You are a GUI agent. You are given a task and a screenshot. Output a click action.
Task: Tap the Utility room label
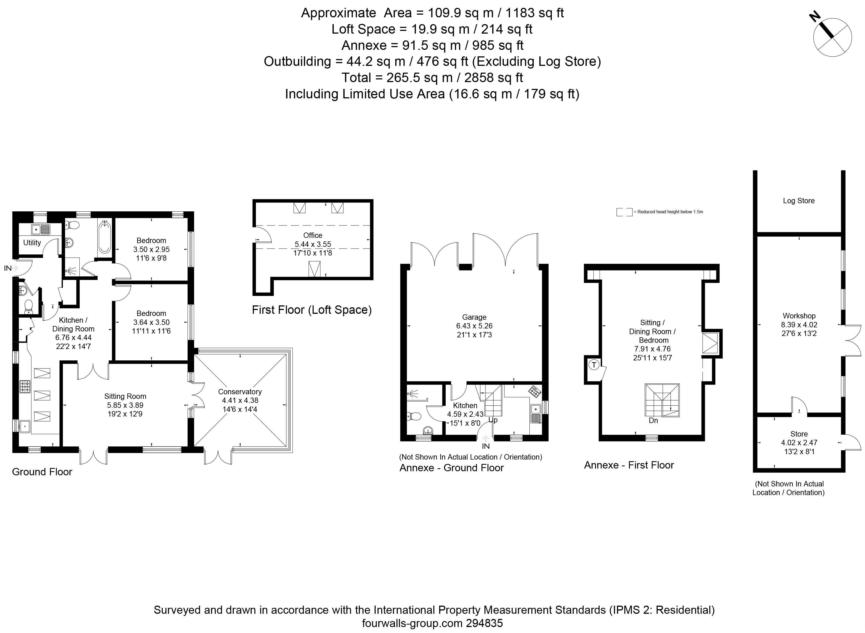point(32,243)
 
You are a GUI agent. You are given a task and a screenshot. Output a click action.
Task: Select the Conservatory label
point(240,392)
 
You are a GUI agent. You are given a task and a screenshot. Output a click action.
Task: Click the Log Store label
point(799,201)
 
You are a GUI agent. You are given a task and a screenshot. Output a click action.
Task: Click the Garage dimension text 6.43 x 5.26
point(474,326)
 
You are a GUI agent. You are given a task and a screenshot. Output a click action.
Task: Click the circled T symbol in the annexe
point(594,365)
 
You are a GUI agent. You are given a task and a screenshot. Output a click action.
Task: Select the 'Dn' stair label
point(654,420)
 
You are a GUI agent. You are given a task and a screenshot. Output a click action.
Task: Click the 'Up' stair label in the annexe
point(493,420)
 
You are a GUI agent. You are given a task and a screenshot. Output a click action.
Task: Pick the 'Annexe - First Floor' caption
point(629,465)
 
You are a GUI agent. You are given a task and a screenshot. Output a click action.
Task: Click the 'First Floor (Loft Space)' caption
point(311,310)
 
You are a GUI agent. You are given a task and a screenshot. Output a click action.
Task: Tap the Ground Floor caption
point(42,472)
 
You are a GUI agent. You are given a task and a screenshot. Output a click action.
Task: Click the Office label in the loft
point(313,235)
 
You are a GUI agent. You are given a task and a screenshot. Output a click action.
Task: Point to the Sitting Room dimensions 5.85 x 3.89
point(125,405)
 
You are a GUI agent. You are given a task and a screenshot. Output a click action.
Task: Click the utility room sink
point(41,230)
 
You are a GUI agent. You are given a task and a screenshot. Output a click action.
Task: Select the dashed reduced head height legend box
point(624,212)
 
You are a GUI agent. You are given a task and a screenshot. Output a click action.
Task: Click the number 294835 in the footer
point(484,624)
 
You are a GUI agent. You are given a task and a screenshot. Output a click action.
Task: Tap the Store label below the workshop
point(799,434)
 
